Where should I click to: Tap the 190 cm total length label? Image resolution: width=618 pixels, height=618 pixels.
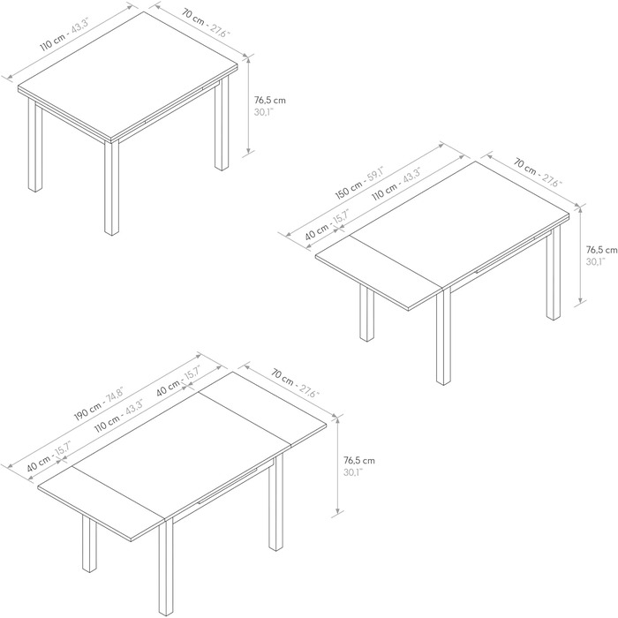(87, 409)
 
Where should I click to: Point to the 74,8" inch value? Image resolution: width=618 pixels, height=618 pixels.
(114, 394)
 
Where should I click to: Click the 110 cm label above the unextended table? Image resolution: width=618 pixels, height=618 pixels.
(51, 42)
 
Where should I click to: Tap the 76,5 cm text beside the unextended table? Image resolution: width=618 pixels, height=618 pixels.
(269, 100)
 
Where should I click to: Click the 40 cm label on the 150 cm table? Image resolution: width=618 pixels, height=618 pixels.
(317, 232)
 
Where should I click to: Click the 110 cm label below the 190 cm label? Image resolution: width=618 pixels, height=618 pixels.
(107, 425)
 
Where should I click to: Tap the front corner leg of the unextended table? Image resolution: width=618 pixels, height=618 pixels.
(111, 188)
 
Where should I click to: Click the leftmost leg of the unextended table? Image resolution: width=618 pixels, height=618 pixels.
(35, 146)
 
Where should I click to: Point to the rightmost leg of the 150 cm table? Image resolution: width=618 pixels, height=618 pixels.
(554, 273)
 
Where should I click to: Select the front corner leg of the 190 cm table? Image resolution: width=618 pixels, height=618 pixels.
(166, 568)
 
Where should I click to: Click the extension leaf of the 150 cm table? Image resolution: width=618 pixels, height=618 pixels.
(379, 272)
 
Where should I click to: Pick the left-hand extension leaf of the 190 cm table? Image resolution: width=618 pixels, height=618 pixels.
(102, 503)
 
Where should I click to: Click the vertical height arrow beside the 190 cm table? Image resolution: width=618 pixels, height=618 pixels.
(337, 466)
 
